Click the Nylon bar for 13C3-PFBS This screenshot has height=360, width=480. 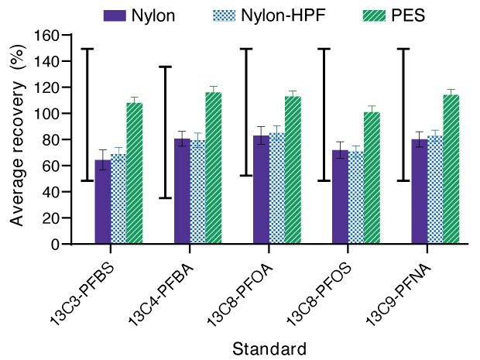coord(102,202)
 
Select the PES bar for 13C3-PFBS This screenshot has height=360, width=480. coord(134,173)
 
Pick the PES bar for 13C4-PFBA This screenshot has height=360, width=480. coord(214,168)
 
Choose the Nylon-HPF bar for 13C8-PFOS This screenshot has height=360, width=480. coord(355,197)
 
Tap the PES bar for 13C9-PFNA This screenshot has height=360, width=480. coord(451,169)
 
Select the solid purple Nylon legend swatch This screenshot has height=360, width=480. coord(115,15)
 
